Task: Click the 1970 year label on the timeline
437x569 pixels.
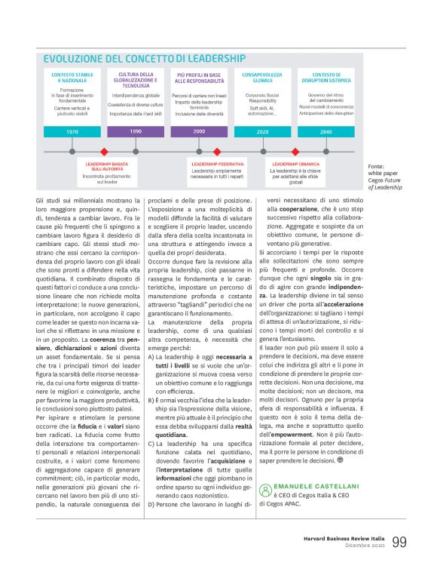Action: click(72, 131)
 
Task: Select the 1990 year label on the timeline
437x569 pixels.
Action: click(136, 131)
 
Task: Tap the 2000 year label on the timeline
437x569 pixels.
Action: click(199, 131)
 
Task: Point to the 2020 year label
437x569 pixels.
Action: click(262, 131)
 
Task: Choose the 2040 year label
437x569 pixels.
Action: click(325, 131)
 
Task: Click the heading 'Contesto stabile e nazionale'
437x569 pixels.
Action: click(73, 78)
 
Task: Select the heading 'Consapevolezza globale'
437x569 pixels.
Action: click(263, 78)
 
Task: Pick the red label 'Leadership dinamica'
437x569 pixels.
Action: click(295, 163)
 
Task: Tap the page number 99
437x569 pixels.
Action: click(400, 542)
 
